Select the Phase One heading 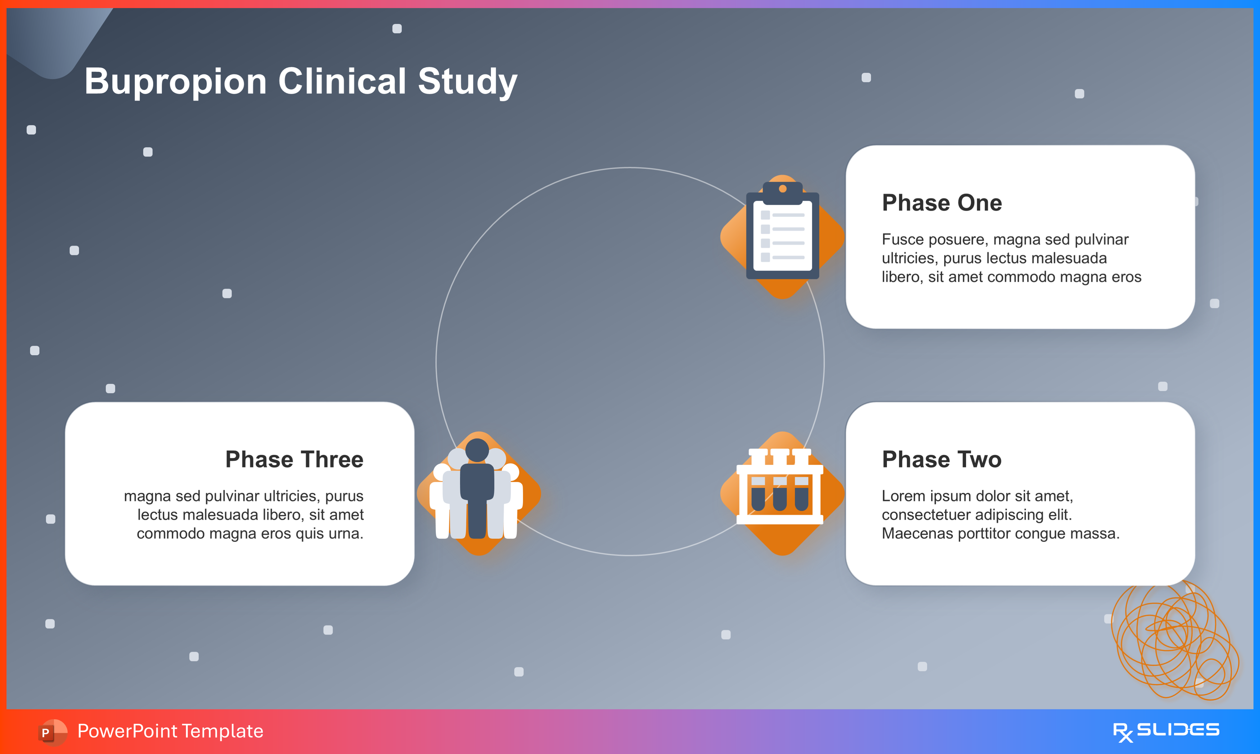(x=942, y=203)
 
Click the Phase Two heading (x=942, y=459)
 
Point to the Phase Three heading (x=294, y=459)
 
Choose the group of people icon (x=477, y=490)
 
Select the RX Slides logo (x=1166, y=731)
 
